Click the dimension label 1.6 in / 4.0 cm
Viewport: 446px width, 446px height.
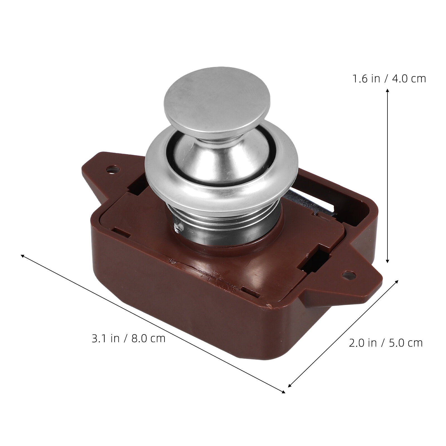pyautogui.click(x=389, y=79)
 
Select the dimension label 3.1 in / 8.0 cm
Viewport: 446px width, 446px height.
pyautogui.click(x=129, y=338)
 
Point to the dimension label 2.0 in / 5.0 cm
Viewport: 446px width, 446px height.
pyautogui.click(x=386, y=343)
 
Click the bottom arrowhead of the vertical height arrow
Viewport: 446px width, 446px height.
pyautogui.click(x=387, y=260)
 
